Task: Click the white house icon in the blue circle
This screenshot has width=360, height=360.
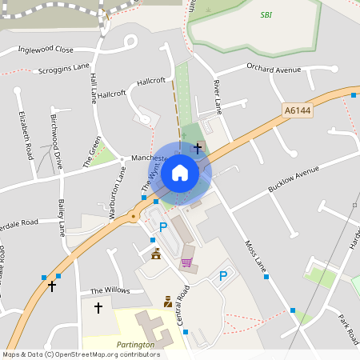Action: pyautogui.click(x=180, y=172)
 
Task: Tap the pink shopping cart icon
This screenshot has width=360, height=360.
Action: pyautogui.click(x=186, y=262)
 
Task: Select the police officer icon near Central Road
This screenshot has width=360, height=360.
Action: pyautogui.click(x=168, y=301)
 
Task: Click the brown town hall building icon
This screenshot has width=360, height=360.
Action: pyautogui.click(x=156, y=254)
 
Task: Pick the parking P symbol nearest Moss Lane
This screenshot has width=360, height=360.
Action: pyautogui.click(x=223, y=276)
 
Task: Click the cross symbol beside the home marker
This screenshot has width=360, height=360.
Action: pyautogui.click(x=198, y=148)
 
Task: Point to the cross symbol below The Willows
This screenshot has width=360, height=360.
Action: pyautogui.click(x=98, y=307)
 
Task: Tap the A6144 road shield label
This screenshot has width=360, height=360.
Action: pyautogui.click(x=297, y=111)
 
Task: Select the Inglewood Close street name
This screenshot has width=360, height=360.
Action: pyautogui.click(x=46, y=49)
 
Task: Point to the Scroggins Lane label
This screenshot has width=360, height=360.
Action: pyautogui.click(x=64, y=70)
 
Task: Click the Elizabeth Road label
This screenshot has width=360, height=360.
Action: pyautogui.click(x=26, y=134)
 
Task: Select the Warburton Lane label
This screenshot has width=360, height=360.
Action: pyautogui.click(x=117, y=183)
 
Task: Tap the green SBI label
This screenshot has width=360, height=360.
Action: pyautogui.click(x=266, y=14)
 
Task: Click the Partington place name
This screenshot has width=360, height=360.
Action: pyautogui.click(x=134, y=344)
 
